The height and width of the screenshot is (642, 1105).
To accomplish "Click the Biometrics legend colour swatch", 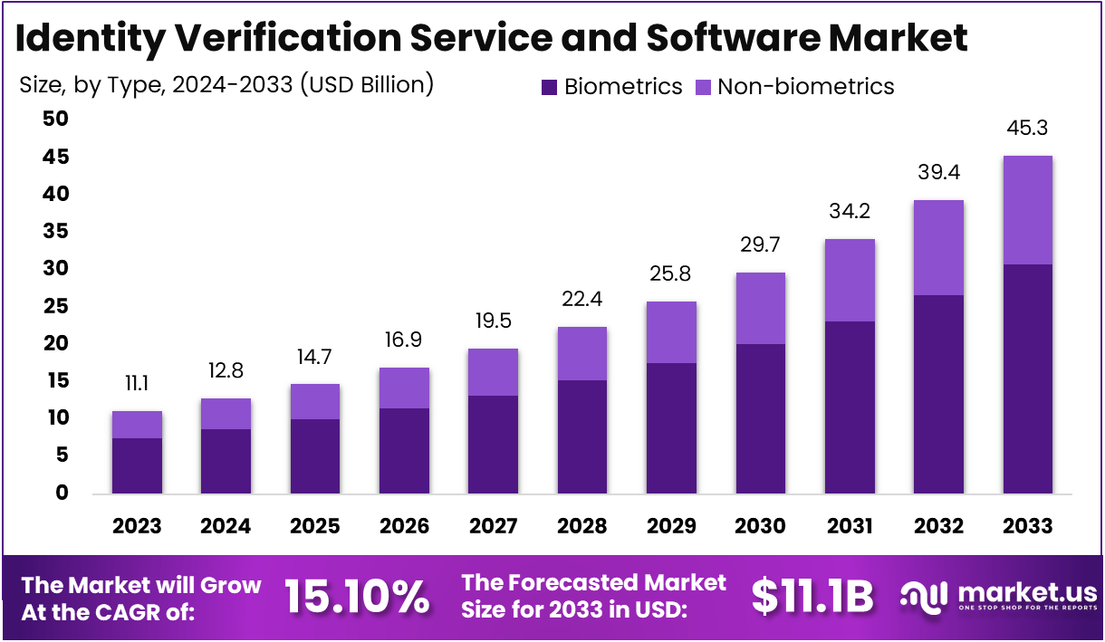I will coord(550,87).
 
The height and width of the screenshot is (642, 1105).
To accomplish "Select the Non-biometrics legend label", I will coord(805,87).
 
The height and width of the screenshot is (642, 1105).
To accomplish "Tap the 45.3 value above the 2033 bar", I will coord(1028,128).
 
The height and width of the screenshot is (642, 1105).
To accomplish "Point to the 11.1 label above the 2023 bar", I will coord(137,383).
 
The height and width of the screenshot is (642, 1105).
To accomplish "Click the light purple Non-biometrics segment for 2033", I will coord(1028,210).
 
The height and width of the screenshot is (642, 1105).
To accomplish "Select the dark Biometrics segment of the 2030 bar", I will coord(760,418).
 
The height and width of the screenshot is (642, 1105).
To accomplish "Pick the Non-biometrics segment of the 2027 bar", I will coord(493,372).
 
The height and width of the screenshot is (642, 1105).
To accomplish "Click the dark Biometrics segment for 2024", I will coord(226,461).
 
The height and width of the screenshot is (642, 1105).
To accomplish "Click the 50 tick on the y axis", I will coord(56,120).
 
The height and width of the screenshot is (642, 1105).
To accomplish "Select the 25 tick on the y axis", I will coord(56,307).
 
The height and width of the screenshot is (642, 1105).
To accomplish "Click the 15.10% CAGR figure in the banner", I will coord(357,597).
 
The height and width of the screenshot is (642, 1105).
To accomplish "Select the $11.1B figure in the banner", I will coord(812,597).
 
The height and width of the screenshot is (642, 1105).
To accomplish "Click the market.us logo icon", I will coord(924,596).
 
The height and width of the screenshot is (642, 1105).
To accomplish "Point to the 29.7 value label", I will coord(760,245).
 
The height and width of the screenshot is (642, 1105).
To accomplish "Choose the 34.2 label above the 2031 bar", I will coord(849,212).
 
